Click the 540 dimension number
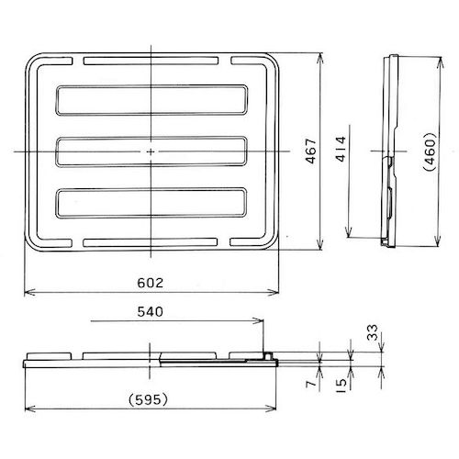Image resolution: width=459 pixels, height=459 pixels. click(151, 312)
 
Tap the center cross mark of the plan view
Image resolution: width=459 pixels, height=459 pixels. click(151, 151)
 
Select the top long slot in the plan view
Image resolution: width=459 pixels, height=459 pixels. click(151, 99)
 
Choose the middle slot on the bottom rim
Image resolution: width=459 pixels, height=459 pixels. click(151, 243)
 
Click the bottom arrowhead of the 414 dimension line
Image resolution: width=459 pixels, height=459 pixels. click(353, 235)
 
